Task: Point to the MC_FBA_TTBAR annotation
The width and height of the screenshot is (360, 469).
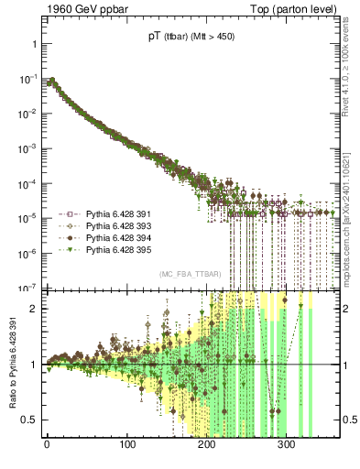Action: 190,274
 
